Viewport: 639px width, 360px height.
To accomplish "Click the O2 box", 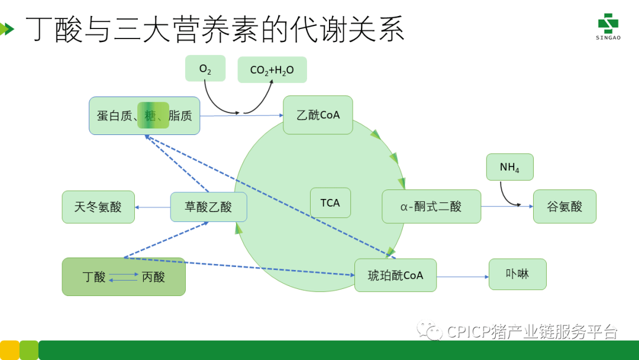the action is pyautogui.click(x=205, y=68).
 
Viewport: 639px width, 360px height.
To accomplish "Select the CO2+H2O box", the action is pyautogui.click(x=272, y=70).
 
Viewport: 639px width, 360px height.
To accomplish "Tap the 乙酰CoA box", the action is pyautogui.click(x=318, y=115).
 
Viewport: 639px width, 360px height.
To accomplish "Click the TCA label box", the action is pyautogui.click(x=330, y=202).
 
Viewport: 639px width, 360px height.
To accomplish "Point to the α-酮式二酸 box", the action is pyautogui.click(x=431, y=206).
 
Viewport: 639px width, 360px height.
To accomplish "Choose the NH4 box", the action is pyautogui.click(x=510, y=167).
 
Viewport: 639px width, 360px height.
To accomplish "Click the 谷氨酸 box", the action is pyautogui.click(x=564, y=206).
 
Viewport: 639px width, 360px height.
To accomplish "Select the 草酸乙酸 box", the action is pyautogui.click(x=209, y=207).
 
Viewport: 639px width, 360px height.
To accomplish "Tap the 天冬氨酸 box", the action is pyautogui.click(x=98, y=207).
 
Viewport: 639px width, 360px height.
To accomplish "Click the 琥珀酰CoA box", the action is pyautogui.click(x=395, y=275).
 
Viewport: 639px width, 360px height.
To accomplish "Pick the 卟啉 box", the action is pyautogui.click(x=518, y=274).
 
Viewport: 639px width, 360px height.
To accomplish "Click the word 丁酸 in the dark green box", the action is pyautogui.click(x=94, y=277).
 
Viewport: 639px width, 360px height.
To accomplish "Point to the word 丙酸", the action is pyautogui.click(x=153, y=277).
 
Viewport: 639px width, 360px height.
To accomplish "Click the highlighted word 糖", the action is pyautogui.click(x=150, y=116).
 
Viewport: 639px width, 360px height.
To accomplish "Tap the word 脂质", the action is pyautogui.click(x=180, y=115).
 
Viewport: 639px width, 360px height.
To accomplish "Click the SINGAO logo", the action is pyautogui.click(x=608, y=27).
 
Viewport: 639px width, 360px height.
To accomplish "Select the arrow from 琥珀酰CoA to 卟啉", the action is pyautogui.click(x=463, y=277).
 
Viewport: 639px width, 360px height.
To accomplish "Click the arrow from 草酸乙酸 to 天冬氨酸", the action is pyautogui.click(x=153, y=207).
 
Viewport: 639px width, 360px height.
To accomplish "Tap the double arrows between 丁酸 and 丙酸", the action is pyautogui.click(x=124, y=277).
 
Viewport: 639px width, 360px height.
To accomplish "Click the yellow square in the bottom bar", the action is pyautogui.click(x=9, y=350).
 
